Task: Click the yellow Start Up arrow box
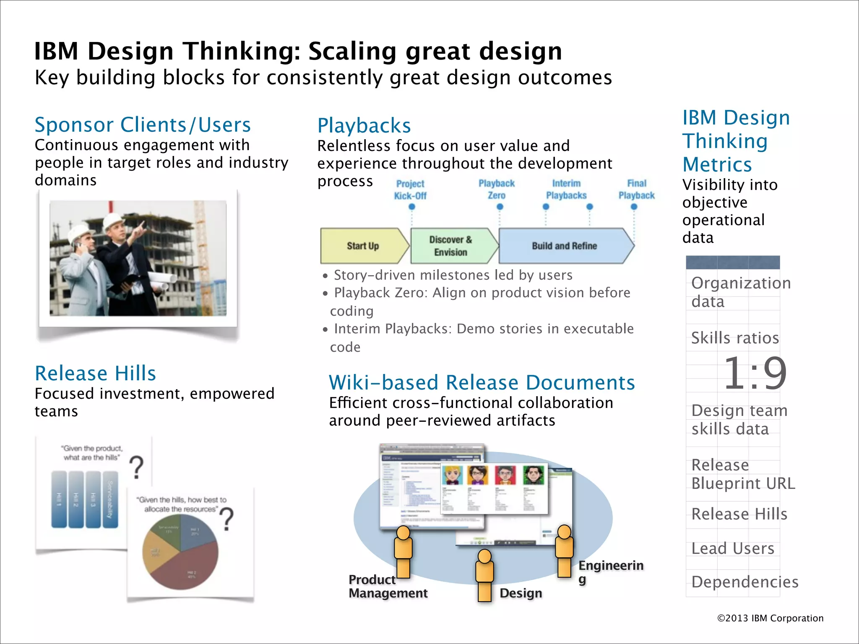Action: (x=363, y=246)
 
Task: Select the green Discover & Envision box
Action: (x=451, y=246)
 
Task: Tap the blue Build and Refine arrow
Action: (x=564, y=246)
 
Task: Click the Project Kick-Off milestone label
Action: (x=410, y=190)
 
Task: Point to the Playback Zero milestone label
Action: (x=497, y=190)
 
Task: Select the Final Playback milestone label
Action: (x=636, y=190)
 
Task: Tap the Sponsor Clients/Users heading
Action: (x=143, y=125)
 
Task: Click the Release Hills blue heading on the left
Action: (x=95, y=373)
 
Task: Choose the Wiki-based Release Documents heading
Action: (x=482, y=382)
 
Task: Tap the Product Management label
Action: (x=388, y=587)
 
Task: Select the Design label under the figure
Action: (x=521, y=593)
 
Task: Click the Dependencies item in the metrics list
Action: (x=744, y=582)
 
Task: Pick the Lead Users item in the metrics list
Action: (x=732, y=548)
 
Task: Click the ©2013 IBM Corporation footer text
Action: (x=770, y=618)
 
